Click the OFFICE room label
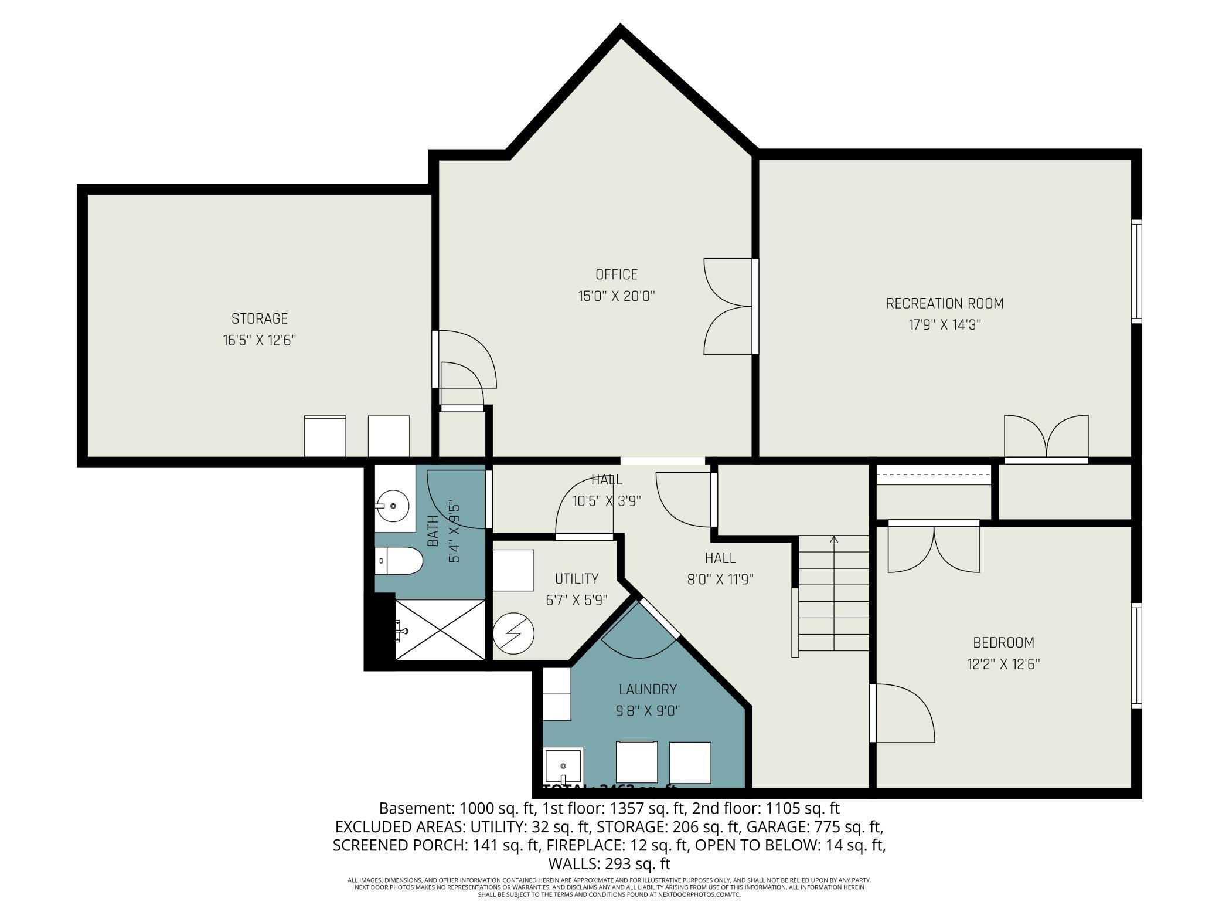click(x=616, y=274)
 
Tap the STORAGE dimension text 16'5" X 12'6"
click(x=259, y=340)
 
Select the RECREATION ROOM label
click(x=944, y=303)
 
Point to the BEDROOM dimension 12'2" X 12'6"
click(x=1003, y=664)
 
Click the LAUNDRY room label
click(x=648, y=689)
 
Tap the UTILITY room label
click(x=577, y=579)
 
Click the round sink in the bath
click(x=392, y=504)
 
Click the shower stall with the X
click(x=441, y=629)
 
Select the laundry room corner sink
click(x=563, y=765)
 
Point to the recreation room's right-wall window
click(x=1136, y=271)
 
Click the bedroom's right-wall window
click(x=1136, y=655)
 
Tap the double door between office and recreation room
click(x=730, y=306)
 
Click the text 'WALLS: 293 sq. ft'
click(x=609, y=863)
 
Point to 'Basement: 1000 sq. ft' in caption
click(x=458, y=808)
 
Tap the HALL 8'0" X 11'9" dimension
click(x=720, y=579)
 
